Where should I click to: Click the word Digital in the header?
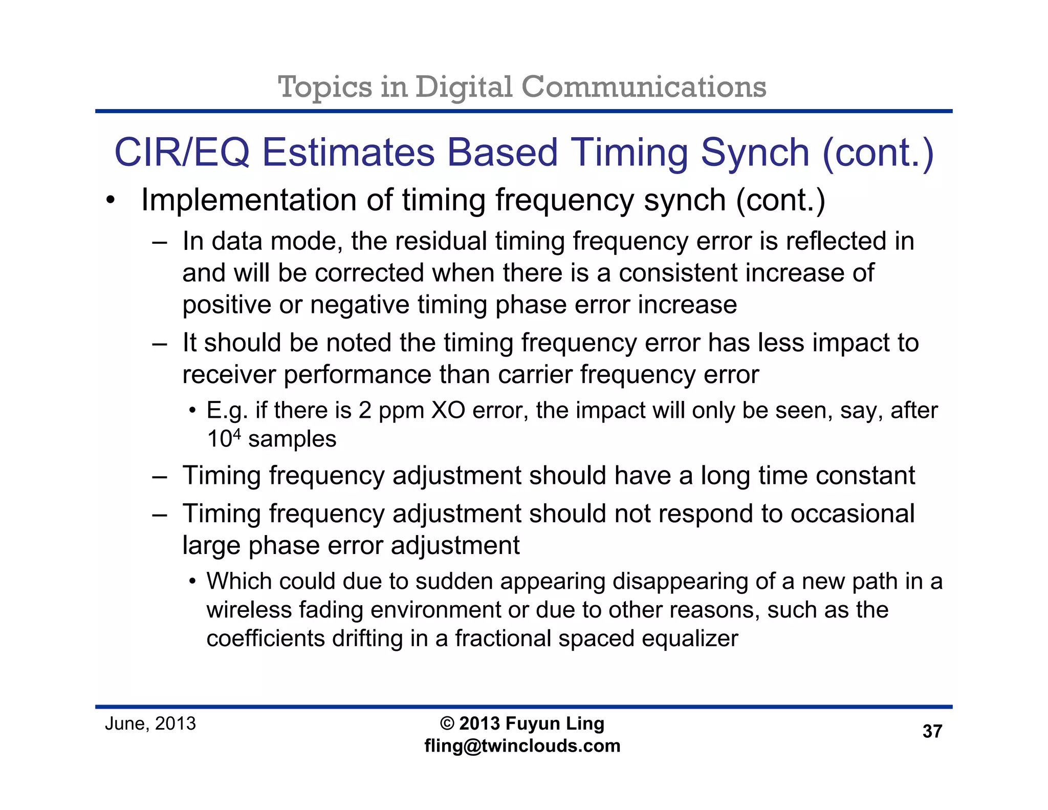pos(463,87)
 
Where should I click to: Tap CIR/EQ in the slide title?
pos(182,153)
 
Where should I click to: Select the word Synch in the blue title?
pos(755,153)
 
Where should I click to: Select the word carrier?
pos(535,374)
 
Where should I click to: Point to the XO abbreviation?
pos(448,411)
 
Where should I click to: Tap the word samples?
pos(292,439)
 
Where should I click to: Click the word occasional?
pos(853,514)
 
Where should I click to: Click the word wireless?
pos(249,610)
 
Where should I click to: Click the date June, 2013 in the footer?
pos(150,724)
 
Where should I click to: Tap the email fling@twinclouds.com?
pos(522,746)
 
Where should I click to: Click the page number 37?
pos(932,732)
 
